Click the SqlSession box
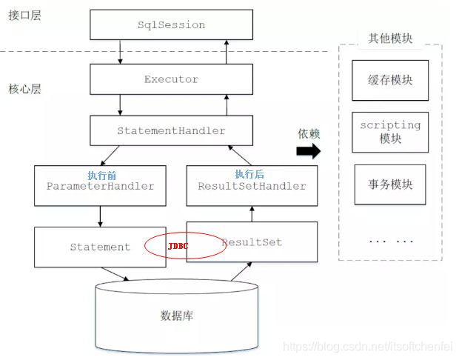[x=171, y=25]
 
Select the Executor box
[x=171, y=79]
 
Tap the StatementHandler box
[x=171, y=130]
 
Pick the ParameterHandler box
[x=100, y=185]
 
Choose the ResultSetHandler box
[x=252, y=185]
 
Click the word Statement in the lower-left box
[x=100, y=247]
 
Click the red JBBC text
[x=178, y=245]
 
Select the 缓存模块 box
[x=389, y=81]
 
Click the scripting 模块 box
[x=390, y=132]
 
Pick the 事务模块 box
[x=390, y=184]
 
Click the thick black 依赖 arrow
[x=308, y=151]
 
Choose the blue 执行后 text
[x=250, y=174]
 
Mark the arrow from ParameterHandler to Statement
[x=100, y=216]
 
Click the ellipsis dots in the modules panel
[x=390, y=241]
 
